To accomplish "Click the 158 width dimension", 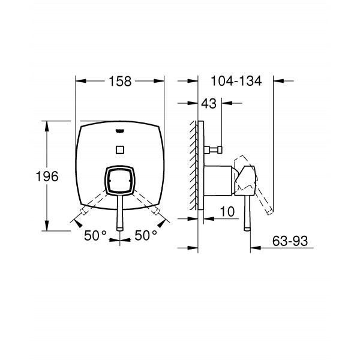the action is click(x=120, y=81).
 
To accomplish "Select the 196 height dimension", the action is click(x=47, y=176).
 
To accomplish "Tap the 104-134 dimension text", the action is click(x=236, y=81).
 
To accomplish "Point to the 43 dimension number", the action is click(x=209, y=104).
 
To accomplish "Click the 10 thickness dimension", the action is click(x=227, y=211).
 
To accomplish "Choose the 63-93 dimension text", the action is click(x=290, y=241).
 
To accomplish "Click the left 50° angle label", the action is click(x=95, y=235).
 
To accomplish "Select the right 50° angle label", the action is click(x=146, y=235).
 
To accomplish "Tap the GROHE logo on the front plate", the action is click(x=119, y=131).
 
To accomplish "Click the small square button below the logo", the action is click(x=120, y=150).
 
